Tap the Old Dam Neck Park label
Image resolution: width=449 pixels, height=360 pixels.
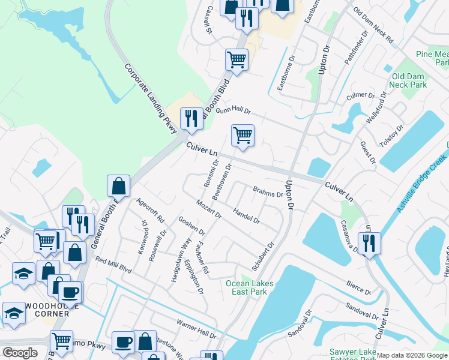(409, 81)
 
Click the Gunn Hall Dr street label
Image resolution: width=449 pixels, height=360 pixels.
(232, 111)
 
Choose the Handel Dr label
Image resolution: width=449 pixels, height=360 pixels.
(246, 215)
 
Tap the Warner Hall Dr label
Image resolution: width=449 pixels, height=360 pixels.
(196, 328)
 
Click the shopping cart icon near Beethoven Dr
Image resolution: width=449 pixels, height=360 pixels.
(243, 135)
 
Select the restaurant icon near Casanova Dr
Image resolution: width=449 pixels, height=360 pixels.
(369, 243)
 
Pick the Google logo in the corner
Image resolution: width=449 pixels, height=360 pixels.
(20, 353)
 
